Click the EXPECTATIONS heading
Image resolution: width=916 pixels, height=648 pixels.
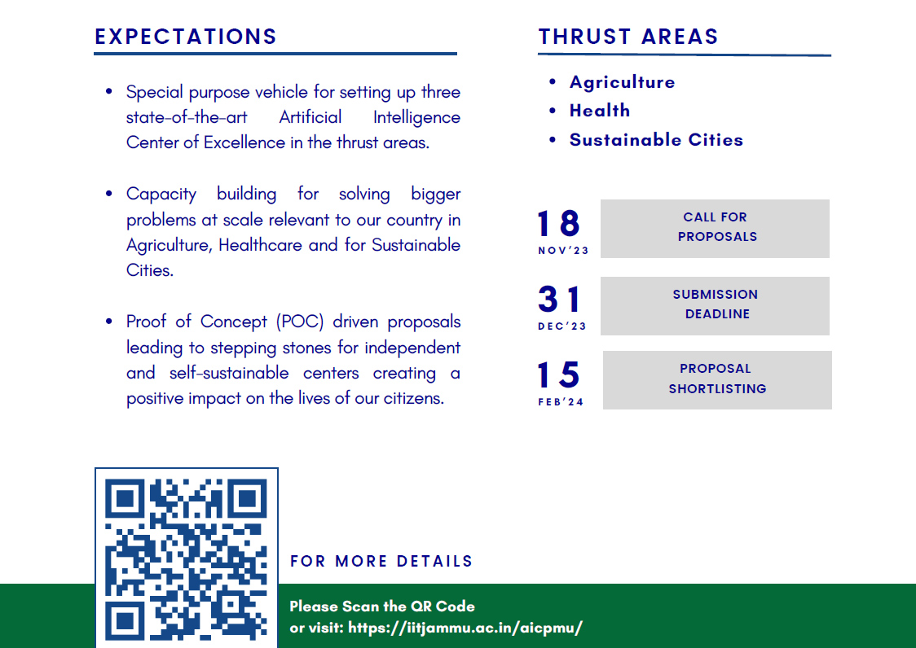pyautogui.click(x=186, y=37)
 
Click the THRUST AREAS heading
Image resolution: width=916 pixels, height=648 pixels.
pyautogui.click(x=628, y=37)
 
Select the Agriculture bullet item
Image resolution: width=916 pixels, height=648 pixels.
pyautogui.click(x=622, y=82)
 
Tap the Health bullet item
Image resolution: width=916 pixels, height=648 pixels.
pyautogui.click(x=599, y=111)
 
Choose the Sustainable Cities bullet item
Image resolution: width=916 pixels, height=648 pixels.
pyautogui.click(x=656, y=140)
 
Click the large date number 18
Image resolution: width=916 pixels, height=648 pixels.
pyautogui.click(x=559, y=224)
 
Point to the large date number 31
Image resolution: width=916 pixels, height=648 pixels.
pyautogui.click(x=560, y=300)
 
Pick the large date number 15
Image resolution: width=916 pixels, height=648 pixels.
pyautogui.click(x=559, y=375)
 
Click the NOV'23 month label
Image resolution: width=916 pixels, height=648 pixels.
pyautogui.click(x=563, y=251)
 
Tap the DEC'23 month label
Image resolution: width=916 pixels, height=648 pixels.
pyautogui.click(x=562, y=326)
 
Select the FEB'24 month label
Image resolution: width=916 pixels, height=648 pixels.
pyautogui.click(x=561, y=402)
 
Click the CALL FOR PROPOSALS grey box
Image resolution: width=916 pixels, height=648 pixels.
pyautogui.click(x=715, y=228)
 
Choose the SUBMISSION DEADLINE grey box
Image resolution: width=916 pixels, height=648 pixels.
pyautogui.click(x=715, y=305)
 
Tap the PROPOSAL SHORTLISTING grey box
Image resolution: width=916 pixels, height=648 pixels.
pyautogui.click(x=717, y=379)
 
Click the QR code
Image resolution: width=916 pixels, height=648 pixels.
pyautogui.click(x=187, y=558)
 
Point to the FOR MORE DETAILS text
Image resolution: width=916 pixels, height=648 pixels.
pyautogui.click(x=381, y=562)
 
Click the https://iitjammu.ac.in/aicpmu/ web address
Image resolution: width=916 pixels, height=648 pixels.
pyautogui.click(x=465, y=628)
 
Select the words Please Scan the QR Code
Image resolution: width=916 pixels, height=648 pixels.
pyautogui.click(x=382, y=606)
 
